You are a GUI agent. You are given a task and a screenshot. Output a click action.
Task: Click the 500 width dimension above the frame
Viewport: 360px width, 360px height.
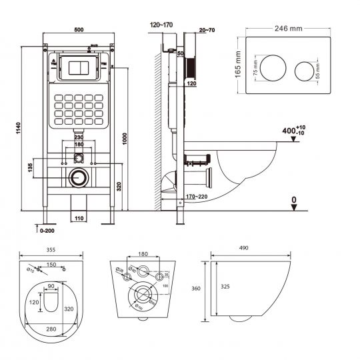(x=78, y=30)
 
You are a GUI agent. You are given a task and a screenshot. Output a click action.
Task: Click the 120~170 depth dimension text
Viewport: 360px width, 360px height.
(x=161, y=25)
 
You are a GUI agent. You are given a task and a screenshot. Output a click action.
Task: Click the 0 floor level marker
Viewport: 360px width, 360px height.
(x=294, y=199)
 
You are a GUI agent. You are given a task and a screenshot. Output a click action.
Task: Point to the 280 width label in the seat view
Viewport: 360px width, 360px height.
(x=51, y=328)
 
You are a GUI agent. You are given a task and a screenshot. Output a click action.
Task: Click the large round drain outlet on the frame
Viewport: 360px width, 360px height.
(x=79, y=177)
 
